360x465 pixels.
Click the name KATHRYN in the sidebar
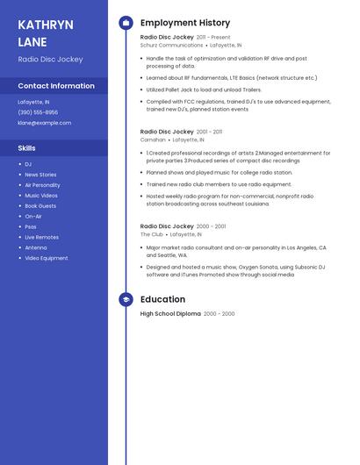point(46,25)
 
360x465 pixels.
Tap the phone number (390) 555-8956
point(38,112)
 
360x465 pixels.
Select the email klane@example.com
point(44,123)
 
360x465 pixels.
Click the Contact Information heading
point(56,86)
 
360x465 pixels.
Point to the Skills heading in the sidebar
point(26,148)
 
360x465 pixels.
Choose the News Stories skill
point(40,175)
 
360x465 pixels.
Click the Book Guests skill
point(40,205)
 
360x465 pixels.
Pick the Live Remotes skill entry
point(41,237)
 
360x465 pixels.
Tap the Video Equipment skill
point(46,258)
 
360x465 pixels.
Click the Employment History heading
point(185,23)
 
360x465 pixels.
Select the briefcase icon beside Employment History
point(126,23)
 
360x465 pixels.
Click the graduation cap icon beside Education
point(126,299)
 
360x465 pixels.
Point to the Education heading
point(162,299)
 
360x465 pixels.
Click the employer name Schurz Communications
point(171,45)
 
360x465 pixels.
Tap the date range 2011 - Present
point(213,38)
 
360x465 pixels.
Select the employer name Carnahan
point(153,139)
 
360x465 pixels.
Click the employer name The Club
point(152,234)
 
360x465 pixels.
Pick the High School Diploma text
point(170,314)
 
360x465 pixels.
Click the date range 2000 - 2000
point(220,314)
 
